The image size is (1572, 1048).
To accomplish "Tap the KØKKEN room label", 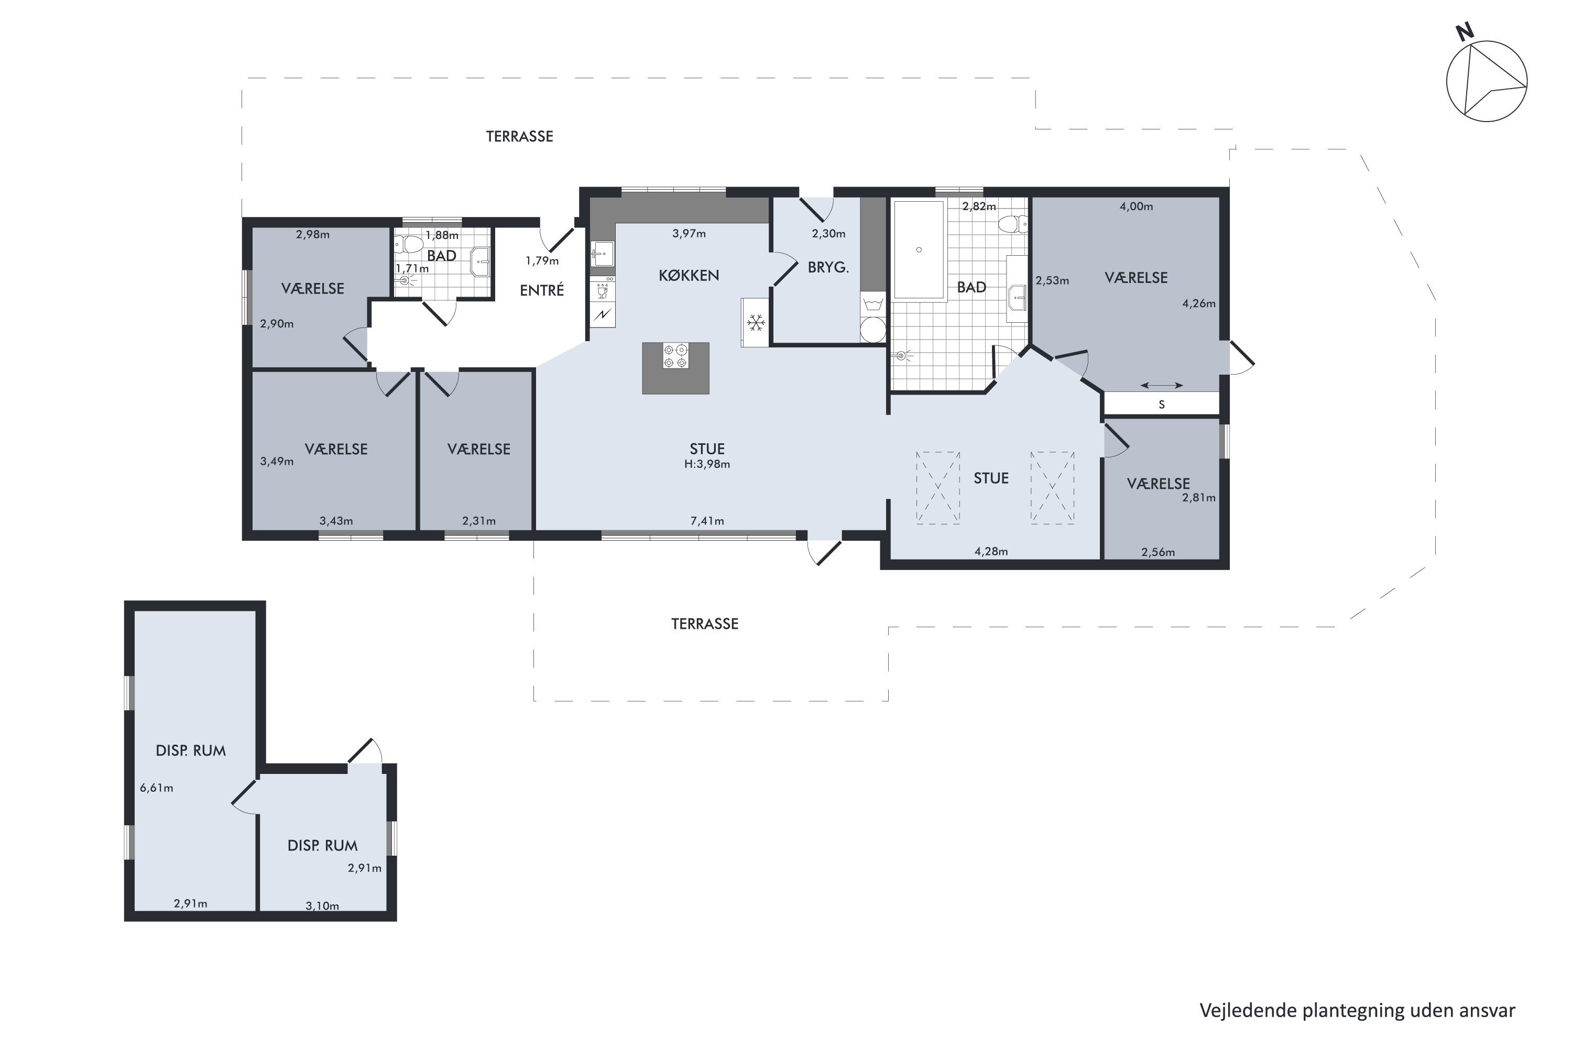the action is tap(689, 276).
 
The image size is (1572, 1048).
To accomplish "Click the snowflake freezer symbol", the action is tap(756, 323).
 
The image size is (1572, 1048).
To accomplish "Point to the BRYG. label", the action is tap(828, 267).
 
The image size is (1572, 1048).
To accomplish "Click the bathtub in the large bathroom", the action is tap(919, 250).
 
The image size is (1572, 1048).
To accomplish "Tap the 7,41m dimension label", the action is tap(707, 521).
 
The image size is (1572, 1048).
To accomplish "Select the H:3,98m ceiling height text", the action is tap(707, 464).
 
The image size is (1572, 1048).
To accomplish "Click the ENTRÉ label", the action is tap(542, 290).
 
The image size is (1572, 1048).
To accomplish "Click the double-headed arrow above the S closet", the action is tap(1162, 385).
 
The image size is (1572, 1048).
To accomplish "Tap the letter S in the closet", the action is tap(1162, 405).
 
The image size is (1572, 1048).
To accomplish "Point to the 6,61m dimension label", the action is tap(156, 788).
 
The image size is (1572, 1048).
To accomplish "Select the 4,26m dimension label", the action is tap(1198, 303).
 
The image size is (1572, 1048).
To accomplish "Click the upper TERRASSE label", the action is tap(519, 136).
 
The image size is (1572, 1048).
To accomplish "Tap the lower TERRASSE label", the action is tap(704, 624).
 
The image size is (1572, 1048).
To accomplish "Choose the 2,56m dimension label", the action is tap(1158, 552).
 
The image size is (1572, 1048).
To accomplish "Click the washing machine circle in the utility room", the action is tap(872, 330).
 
